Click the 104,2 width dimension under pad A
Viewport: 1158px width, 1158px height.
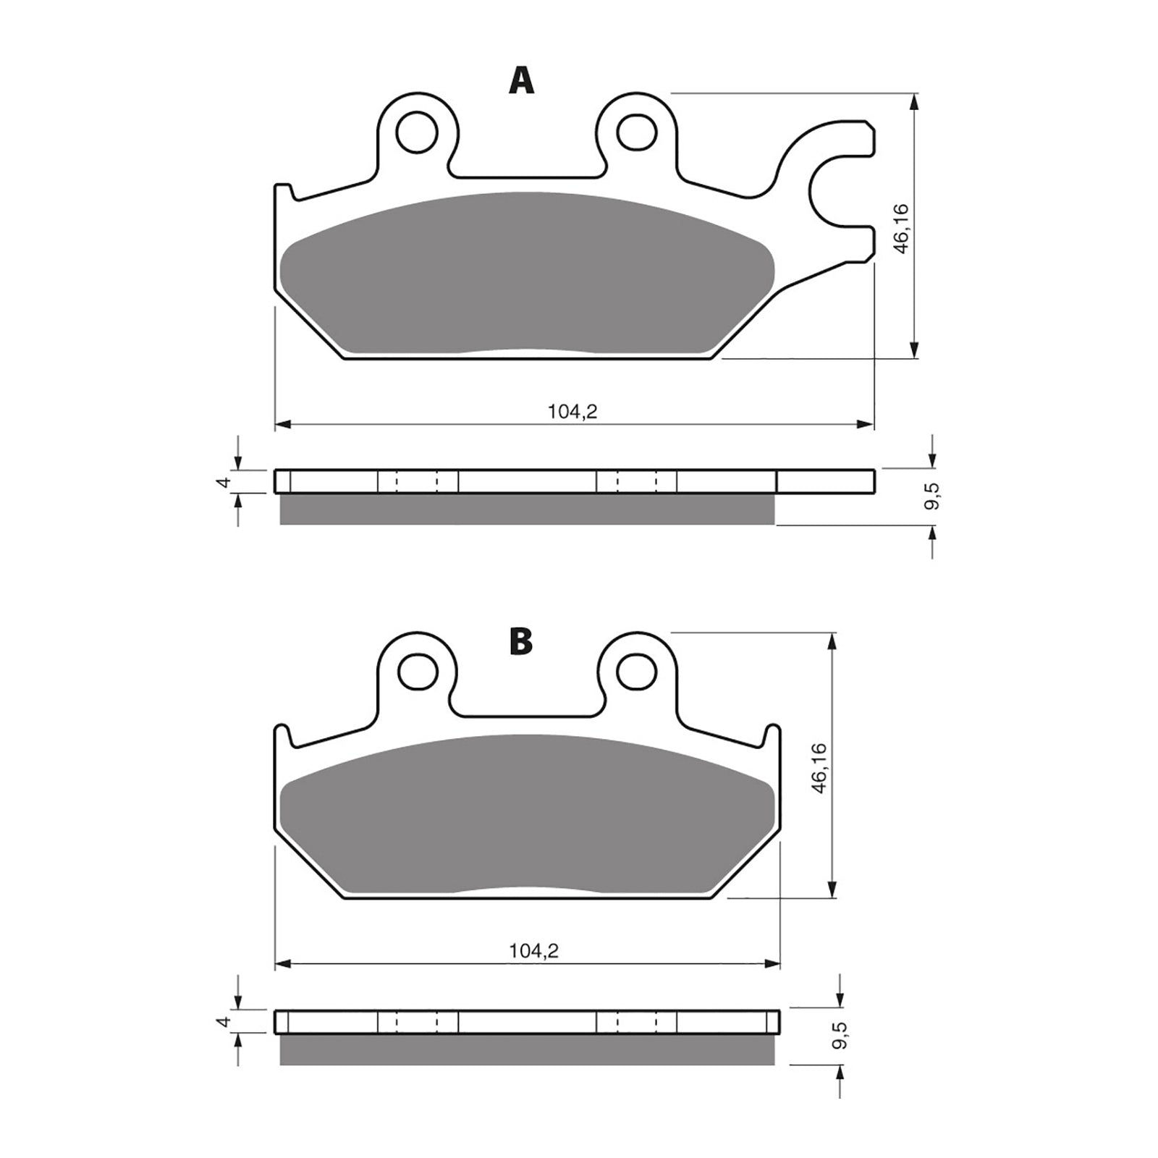coord(572,412)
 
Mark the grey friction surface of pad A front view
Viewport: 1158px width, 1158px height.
coord(527,275)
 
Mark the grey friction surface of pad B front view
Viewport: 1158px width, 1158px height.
coord(527,814)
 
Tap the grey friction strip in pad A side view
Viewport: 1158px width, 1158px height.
coord(527,509)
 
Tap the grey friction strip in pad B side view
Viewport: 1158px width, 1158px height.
coord(527,1049)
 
